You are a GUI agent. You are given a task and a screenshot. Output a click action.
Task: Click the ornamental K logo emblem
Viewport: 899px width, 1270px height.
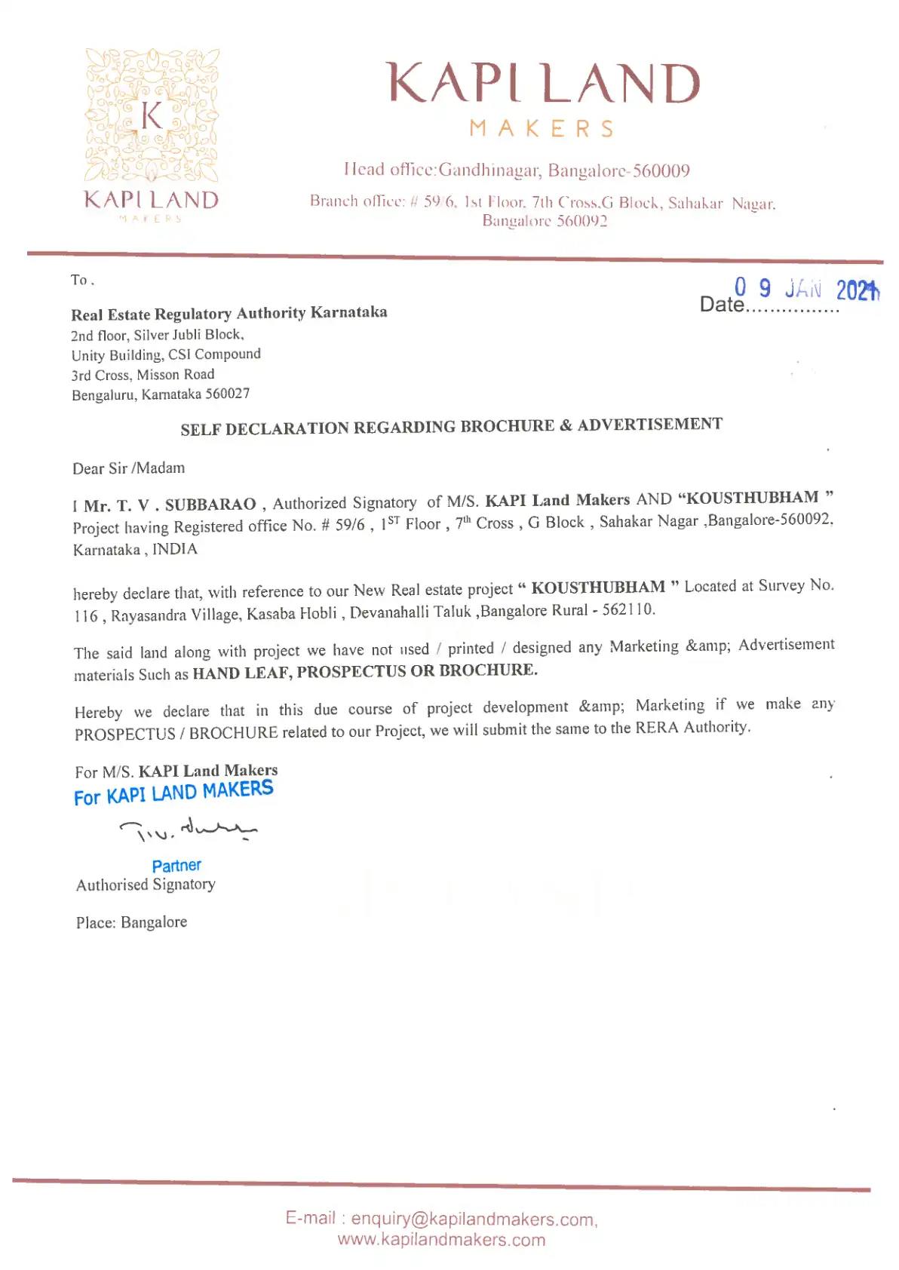(x=152, y=116)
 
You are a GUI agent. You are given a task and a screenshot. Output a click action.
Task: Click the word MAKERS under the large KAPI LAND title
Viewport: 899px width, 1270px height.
(x=542, y=129)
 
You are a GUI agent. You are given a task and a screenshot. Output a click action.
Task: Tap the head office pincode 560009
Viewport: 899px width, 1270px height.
(x=661, y=171)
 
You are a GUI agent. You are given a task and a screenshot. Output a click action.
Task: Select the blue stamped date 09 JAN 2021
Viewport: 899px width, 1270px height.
(x=805, y=289)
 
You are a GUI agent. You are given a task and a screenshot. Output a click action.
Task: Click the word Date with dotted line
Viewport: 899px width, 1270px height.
(x=722, y=305)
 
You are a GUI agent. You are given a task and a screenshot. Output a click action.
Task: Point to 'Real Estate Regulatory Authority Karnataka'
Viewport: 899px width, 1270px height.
(x=229, y=313)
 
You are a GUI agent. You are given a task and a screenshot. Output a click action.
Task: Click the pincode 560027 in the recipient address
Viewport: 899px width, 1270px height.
(x=228, y=394)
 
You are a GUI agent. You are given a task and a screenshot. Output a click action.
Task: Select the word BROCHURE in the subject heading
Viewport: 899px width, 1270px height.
(x=507, y=426)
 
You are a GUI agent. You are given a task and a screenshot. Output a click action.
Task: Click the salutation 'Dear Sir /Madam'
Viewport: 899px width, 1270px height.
(x=129, y=468)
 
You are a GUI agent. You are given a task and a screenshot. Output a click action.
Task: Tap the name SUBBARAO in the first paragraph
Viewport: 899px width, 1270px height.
(x=210, y=505)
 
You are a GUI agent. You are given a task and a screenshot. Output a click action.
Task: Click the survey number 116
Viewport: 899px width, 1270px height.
(x=86, y=616)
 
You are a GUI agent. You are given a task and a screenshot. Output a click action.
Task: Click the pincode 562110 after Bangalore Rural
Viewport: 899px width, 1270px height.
(x=628, y=609)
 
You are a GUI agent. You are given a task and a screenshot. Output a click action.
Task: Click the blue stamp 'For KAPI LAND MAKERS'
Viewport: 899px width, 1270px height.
(x=173, y=793)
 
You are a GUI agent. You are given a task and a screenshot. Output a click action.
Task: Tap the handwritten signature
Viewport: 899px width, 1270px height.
(x=188, y=830)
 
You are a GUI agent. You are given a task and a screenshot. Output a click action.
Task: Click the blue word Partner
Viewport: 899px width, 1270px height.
(x=176, y=866)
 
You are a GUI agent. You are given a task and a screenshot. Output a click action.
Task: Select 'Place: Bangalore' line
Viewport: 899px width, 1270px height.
(x=132, y=922)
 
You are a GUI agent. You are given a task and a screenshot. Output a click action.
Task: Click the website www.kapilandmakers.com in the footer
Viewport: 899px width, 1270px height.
(x=441, y=1240)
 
